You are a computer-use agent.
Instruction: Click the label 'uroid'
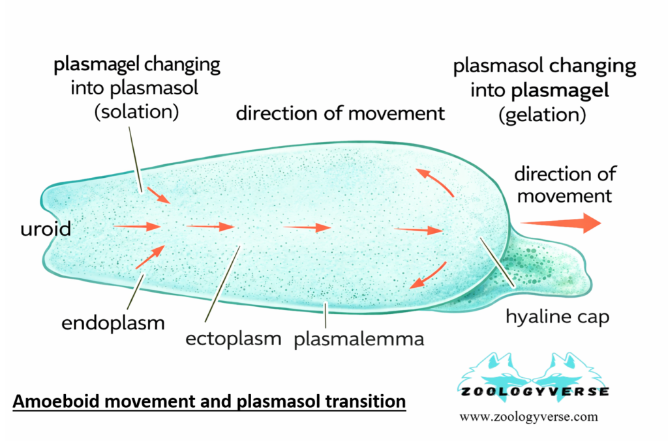[x=45, y=229]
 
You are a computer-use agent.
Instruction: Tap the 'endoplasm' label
[x=113, y=322]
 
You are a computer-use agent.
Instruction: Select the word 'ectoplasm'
[x=233, y=339]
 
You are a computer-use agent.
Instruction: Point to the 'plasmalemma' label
[x=359, y=339]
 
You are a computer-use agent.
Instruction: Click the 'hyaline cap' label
[x=558, y=317]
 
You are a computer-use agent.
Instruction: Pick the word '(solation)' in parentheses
[x=136, y=111]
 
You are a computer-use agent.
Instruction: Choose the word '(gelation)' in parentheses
[x=545, y=116]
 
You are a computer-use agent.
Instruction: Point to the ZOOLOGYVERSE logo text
[x=534, y=391]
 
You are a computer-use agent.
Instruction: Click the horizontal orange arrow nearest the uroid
[x=137, y=227]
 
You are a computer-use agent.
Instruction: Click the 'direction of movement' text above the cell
[x=340, y=113]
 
